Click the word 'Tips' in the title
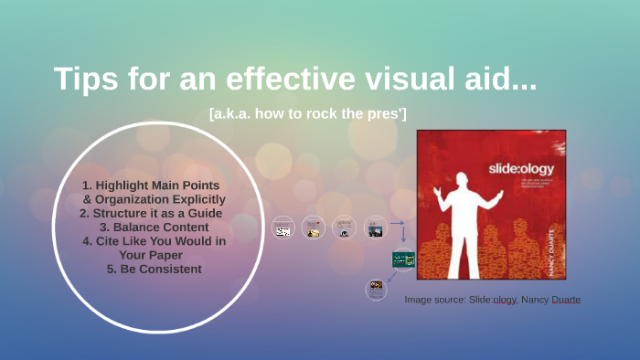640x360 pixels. (x=84, y=79)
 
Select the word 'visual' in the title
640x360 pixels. (x=409, y=79)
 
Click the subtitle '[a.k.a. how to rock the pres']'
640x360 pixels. (x=308, y=112)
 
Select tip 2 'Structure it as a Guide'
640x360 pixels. (x=151, y=213)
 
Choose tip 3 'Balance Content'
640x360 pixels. (x=152, y=228)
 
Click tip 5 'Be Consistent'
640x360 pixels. (x=153, y=269)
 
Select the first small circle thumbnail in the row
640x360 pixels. (x=284, y=228)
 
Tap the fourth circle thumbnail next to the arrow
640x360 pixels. (x=375, y=227)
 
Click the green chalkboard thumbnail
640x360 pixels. (x=403, y=259)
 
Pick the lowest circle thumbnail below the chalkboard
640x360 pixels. (x=377, y=290)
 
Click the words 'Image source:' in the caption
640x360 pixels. (x=435, y=299)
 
